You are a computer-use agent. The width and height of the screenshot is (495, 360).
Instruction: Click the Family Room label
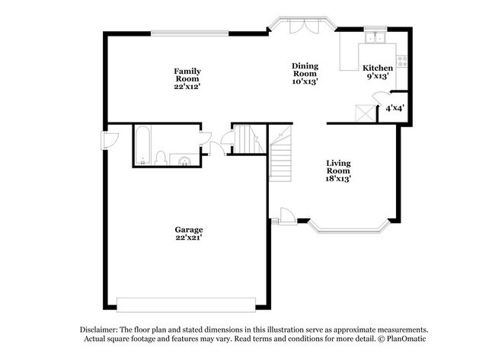(x=187, y=75)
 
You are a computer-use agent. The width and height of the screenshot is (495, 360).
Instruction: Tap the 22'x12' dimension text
(x=187, y=87)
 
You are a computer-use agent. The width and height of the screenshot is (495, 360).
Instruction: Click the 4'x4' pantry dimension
(x=394, y=109)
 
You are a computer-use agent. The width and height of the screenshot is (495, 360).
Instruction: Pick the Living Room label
(x=338, y=167)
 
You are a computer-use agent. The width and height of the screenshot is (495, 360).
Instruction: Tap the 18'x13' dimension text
(x=338, y=179)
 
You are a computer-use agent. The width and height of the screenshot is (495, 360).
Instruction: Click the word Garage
(x=187, y=229)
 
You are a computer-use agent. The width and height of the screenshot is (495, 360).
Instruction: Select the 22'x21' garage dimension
(x=187, y=237)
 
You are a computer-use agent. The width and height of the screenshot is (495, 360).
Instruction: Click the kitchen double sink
(x=375, y=39)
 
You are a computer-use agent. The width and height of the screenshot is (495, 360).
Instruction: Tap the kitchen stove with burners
(x=401, y=61)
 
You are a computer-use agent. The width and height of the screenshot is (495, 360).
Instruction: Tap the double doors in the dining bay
(x=302, y=25)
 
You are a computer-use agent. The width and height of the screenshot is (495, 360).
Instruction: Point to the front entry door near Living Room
(x=286, y=216)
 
